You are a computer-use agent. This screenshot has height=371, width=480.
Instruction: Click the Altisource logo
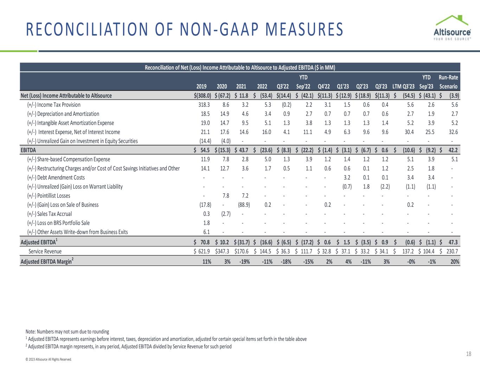[x=452, y=28]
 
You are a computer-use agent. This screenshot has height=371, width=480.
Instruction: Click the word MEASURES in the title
[x=304, y=29]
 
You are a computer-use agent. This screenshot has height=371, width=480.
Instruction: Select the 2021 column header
[x=241, y=87]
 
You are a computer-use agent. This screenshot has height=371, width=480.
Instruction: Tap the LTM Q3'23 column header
[x=403, y=87]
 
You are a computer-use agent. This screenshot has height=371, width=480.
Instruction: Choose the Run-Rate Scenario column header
[x=448, y=82]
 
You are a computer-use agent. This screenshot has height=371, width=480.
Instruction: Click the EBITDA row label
[x=28, y=150]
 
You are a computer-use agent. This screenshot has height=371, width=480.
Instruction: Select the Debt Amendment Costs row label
[x=56, y=178]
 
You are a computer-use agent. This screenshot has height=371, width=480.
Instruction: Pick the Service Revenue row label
[x=45, y=251]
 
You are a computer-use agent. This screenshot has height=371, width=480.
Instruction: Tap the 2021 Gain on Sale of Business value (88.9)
[x=244, y=205]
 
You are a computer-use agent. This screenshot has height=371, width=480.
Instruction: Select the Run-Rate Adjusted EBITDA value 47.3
[x=453, y=242]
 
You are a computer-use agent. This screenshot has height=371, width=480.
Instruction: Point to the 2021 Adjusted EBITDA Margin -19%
[x=244, y=262]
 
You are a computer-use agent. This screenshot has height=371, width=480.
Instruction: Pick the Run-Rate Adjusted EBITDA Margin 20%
[x=455, y=262]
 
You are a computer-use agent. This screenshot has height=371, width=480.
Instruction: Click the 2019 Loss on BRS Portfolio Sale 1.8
[x=206, y=223]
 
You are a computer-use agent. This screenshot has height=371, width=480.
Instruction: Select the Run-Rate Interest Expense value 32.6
[x=453, y=132]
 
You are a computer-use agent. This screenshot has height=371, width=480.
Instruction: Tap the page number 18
[x=468, y=354]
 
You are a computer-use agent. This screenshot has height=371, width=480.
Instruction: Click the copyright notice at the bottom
[x=49, y=359]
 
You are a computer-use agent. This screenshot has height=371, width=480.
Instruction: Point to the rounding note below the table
[x=68, y=332]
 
